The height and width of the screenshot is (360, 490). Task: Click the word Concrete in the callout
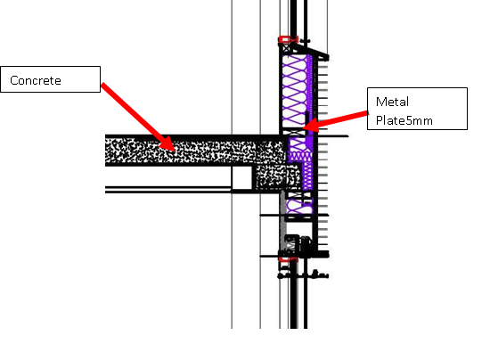pos(36,81)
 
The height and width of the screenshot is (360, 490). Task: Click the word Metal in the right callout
pos(392,102)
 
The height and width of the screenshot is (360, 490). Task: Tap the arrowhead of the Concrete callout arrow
pos(169,145)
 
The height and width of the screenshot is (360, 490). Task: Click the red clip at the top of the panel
pos(286,39)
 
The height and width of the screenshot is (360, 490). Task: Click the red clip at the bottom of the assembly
pos(287,258)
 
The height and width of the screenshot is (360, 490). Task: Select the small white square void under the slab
pos(242,178)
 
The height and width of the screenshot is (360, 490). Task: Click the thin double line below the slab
pos(169,189)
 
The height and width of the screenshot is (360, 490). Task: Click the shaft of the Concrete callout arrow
pos(134,111)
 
